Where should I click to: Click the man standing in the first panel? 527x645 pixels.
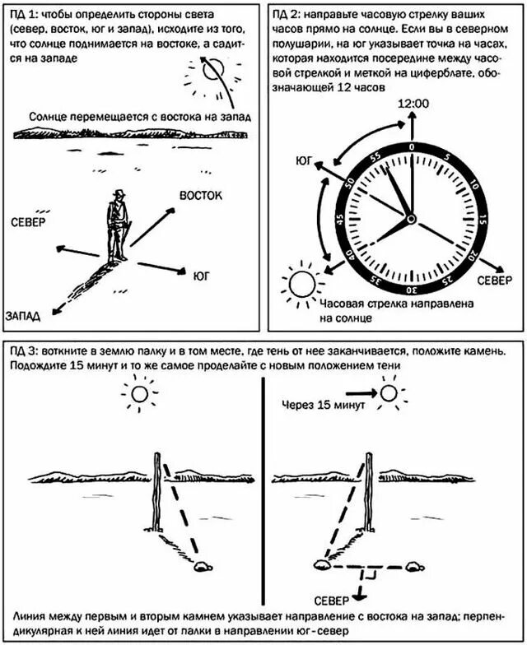[x=118, y=225]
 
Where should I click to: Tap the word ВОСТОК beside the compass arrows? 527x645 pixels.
[x=202, y=195]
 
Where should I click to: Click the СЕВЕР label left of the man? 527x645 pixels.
[x=29, y=221]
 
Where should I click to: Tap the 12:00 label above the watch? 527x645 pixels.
[x=413, y=104]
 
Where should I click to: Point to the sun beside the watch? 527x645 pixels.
[x=301, y=285]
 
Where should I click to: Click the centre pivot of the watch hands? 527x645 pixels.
[x=409, y=220]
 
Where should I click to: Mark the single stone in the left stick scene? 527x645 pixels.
[x=200, y=565]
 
